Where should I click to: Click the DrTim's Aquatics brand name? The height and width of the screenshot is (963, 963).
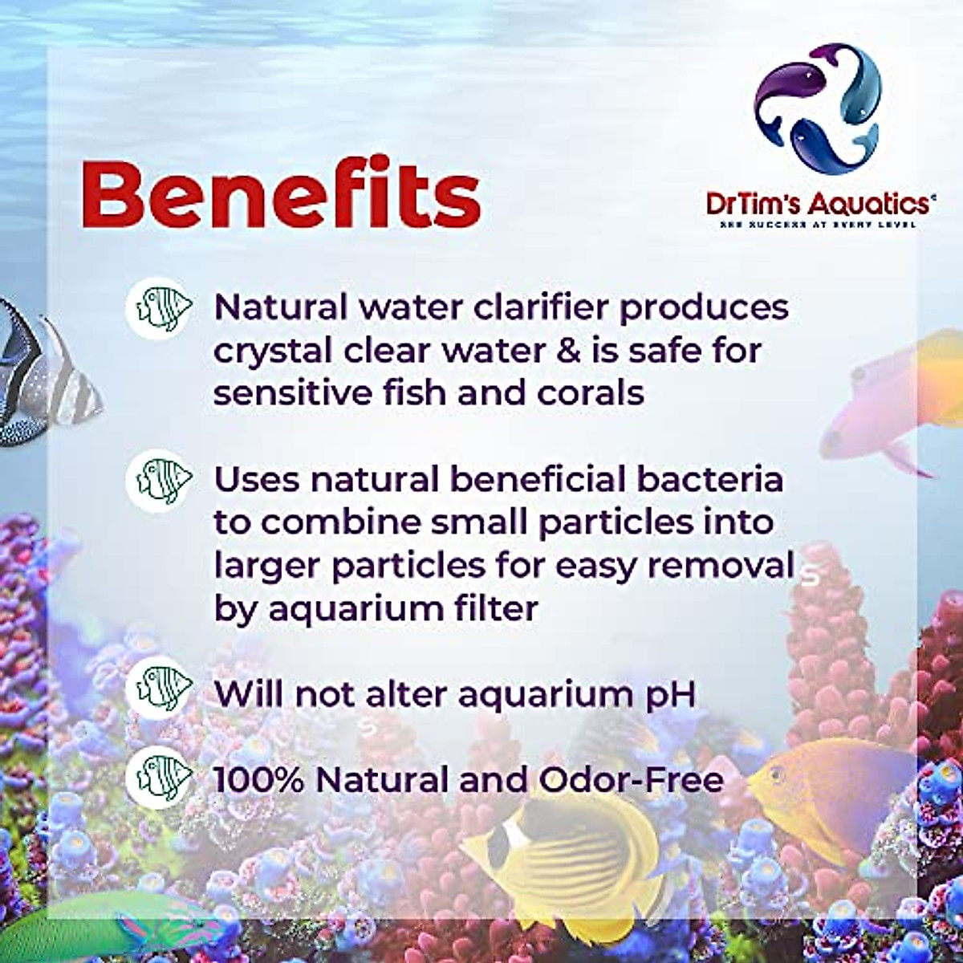pyautogui.click(x=819, y=202)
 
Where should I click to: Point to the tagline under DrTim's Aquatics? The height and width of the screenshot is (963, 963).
pyautogui.click(x=819, y=225)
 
